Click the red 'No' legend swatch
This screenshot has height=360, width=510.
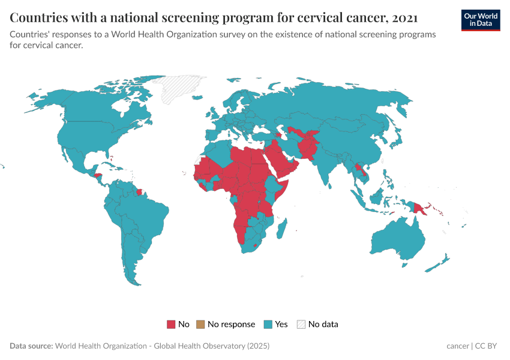click(171, 325)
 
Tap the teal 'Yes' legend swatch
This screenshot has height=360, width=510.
click(268, 325)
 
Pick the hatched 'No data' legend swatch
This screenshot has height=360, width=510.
click(301, 325)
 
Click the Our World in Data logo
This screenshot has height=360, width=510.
click(481, 20)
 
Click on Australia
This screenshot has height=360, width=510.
click(396, 240)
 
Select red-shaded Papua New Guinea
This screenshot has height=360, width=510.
click(418, 208)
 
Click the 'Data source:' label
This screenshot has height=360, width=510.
click(31, 346)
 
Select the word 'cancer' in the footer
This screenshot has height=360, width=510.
click(458, 346)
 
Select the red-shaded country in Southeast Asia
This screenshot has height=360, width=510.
click(359, 171)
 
